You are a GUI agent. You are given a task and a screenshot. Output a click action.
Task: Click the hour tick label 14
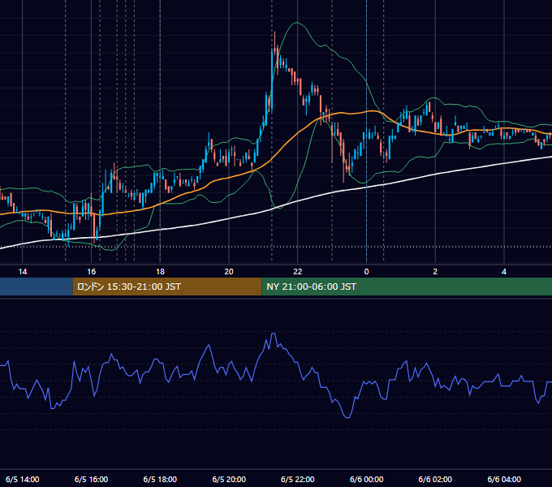pos(23,272)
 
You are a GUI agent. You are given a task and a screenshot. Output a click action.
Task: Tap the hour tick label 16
pos(92,272)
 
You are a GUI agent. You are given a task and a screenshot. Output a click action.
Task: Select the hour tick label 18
pos(160,272)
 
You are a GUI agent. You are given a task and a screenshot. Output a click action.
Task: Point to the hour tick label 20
pos(229,272)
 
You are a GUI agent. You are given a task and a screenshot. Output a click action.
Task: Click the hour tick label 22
pos(298,272)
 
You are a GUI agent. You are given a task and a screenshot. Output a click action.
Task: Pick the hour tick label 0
pos(366,272)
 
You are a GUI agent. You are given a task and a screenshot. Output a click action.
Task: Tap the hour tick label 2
pos(435,272)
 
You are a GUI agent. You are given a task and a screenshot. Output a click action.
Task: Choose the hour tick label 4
pos(504,272)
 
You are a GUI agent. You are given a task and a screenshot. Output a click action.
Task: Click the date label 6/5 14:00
pos(23,479)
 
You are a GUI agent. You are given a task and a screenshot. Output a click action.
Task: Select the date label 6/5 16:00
pos(92,479)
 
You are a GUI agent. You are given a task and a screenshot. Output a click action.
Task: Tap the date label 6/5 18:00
pos(160,479)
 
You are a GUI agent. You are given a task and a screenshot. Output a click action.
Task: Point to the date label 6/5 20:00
pos(229,479)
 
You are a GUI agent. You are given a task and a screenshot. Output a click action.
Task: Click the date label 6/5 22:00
pos(298,479)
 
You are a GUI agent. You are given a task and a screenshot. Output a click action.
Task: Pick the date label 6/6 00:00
pos(366,479)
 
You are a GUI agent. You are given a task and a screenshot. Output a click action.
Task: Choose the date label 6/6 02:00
pos(435,479)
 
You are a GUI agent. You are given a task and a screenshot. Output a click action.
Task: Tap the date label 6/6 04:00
pos(504,479)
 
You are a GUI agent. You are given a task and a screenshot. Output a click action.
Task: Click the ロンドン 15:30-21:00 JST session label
pos(129,287)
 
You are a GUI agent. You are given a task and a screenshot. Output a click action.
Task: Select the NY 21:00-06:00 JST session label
pos(311,287)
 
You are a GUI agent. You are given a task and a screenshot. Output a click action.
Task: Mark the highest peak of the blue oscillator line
pos(274,334)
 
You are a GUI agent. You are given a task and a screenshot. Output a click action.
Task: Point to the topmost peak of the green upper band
pos(297,23)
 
